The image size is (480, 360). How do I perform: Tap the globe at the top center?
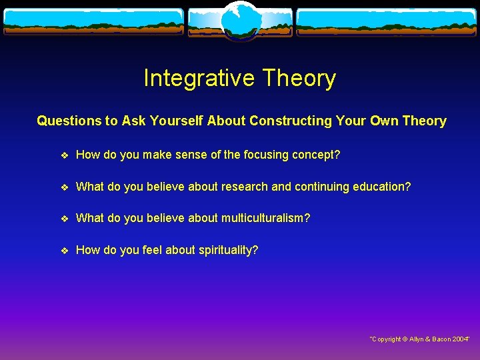tap(240, 21)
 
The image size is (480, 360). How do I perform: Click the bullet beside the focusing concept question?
tap(64, 155)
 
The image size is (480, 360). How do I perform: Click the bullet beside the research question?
tap(64, 187)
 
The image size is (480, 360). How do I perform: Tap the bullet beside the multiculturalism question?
tap(64, 219)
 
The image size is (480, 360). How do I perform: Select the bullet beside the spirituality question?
tap(64, 251)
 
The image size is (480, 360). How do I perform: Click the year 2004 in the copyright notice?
tap(460, 339)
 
